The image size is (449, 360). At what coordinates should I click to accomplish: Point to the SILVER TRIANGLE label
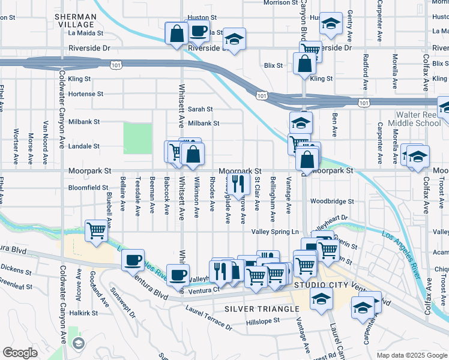coord(262,308)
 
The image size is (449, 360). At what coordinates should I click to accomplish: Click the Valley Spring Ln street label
coord(274,232)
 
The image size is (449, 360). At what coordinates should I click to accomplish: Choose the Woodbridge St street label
coord(332,202)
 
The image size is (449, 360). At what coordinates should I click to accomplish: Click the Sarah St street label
coord(200,109)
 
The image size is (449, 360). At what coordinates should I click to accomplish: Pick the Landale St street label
coord(83,146)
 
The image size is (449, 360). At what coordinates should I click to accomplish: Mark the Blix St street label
coord(273,65)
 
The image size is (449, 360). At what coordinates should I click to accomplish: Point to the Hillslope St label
coord(264,321)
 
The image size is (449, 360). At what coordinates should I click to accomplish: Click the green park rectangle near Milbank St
coord(137,138)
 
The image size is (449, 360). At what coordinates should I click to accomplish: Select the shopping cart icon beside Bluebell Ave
coord(96,230)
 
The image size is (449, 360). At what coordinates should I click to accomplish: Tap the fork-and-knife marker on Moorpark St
coord(239,183)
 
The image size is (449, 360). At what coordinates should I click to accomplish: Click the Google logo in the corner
coord(20,353)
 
